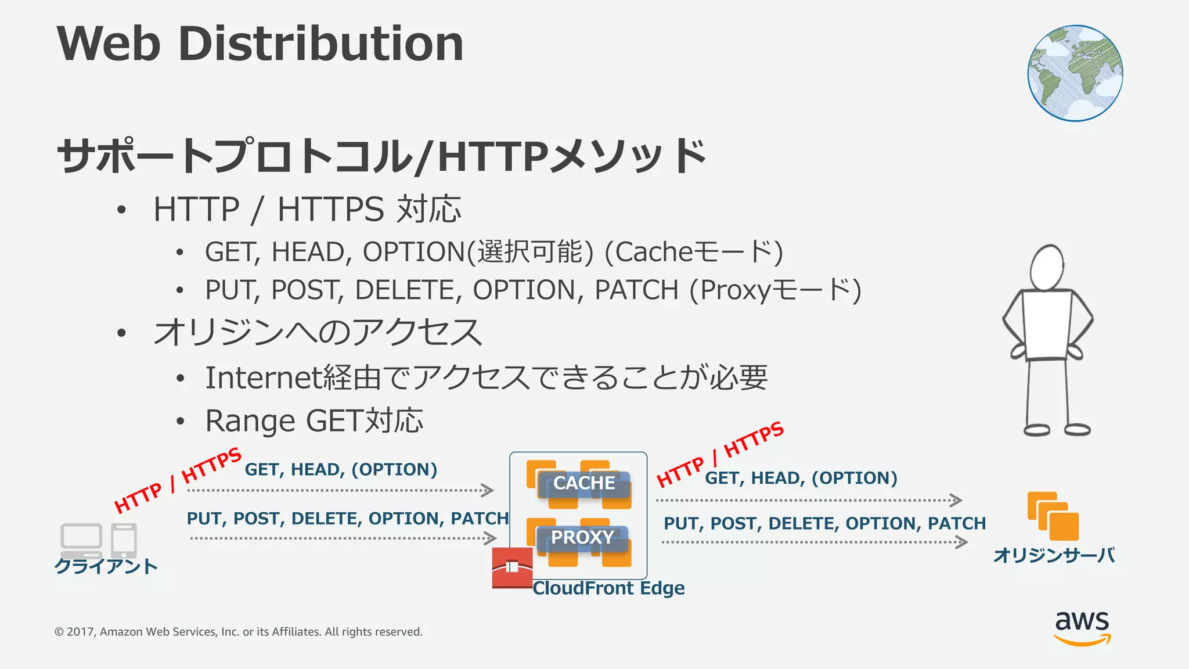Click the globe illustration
click(1075, 73)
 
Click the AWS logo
click(1082, 627)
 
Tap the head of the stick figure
click(1047, 267)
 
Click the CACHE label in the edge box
click(584, 483)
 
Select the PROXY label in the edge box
click(582, 538)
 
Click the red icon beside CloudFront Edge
click(512, 567)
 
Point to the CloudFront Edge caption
click(608, 588)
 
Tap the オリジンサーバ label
click(1054, 556)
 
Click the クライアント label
click(106, 566)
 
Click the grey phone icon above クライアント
click(124, 540)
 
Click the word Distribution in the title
click(321, 44)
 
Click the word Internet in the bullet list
click(262, 378)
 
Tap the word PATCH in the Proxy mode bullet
click(636, 290)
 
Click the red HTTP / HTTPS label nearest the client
click(177, 480)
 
